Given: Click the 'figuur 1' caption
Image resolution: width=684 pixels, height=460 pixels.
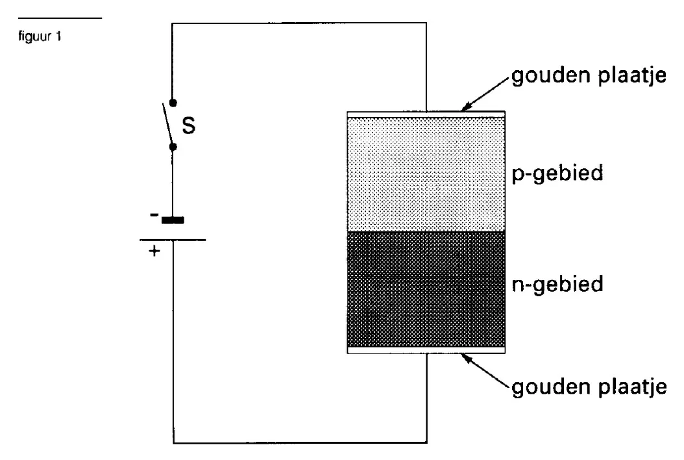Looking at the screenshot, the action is [40, 36].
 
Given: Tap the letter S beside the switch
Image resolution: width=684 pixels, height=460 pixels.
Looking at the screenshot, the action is [188, 125].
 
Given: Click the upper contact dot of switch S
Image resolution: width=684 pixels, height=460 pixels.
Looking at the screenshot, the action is [173, 103].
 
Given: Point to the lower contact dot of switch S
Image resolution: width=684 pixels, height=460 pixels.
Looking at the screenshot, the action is [173, 147].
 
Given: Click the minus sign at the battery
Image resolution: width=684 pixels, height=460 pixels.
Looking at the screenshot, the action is [154, 214].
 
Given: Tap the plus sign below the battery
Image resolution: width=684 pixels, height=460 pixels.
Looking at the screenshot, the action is [154, 251].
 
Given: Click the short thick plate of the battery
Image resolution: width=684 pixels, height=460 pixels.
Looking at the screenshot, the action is [173, 220].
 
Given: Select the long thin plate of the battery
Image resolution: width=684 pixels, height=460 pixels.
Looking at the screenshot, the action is [173, 240].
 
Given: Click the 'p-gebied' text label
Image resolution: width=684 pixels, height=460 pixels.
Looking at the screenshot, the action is [557, 173].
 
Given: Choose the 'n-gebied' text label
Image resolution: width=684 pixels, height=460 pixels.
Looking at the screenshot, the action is [557, 285].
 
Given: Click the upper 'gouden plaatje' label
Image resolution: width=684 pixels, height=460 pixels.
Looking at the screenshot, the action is [589, 76].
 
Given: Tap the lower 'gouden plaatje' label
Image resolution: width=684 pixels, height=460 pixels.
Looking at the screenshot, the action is [589, 387].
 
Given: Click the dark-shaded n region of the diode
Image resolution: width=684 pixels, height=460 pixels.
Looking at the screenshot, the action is [426, 289].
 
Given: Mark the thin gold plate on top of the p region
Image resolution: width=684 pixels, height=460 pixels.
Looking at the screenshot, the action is [426, 114].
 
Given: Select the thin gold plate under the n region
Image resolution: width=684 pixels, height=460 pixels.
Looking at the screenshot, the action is [426, 350].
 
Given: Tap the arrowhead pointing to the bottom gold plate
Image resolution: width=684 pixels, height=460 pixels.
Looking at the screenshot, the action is [467, 358].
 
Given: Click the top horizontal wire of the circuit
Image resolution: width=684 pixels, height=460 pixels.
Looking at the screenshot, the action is [299, 23].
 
